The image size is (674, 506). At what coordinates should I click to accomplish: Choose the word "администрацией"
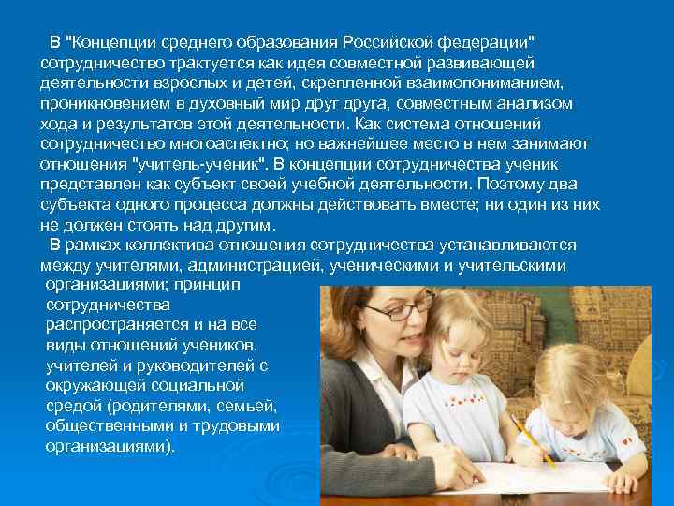click(x=259, y=265)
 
